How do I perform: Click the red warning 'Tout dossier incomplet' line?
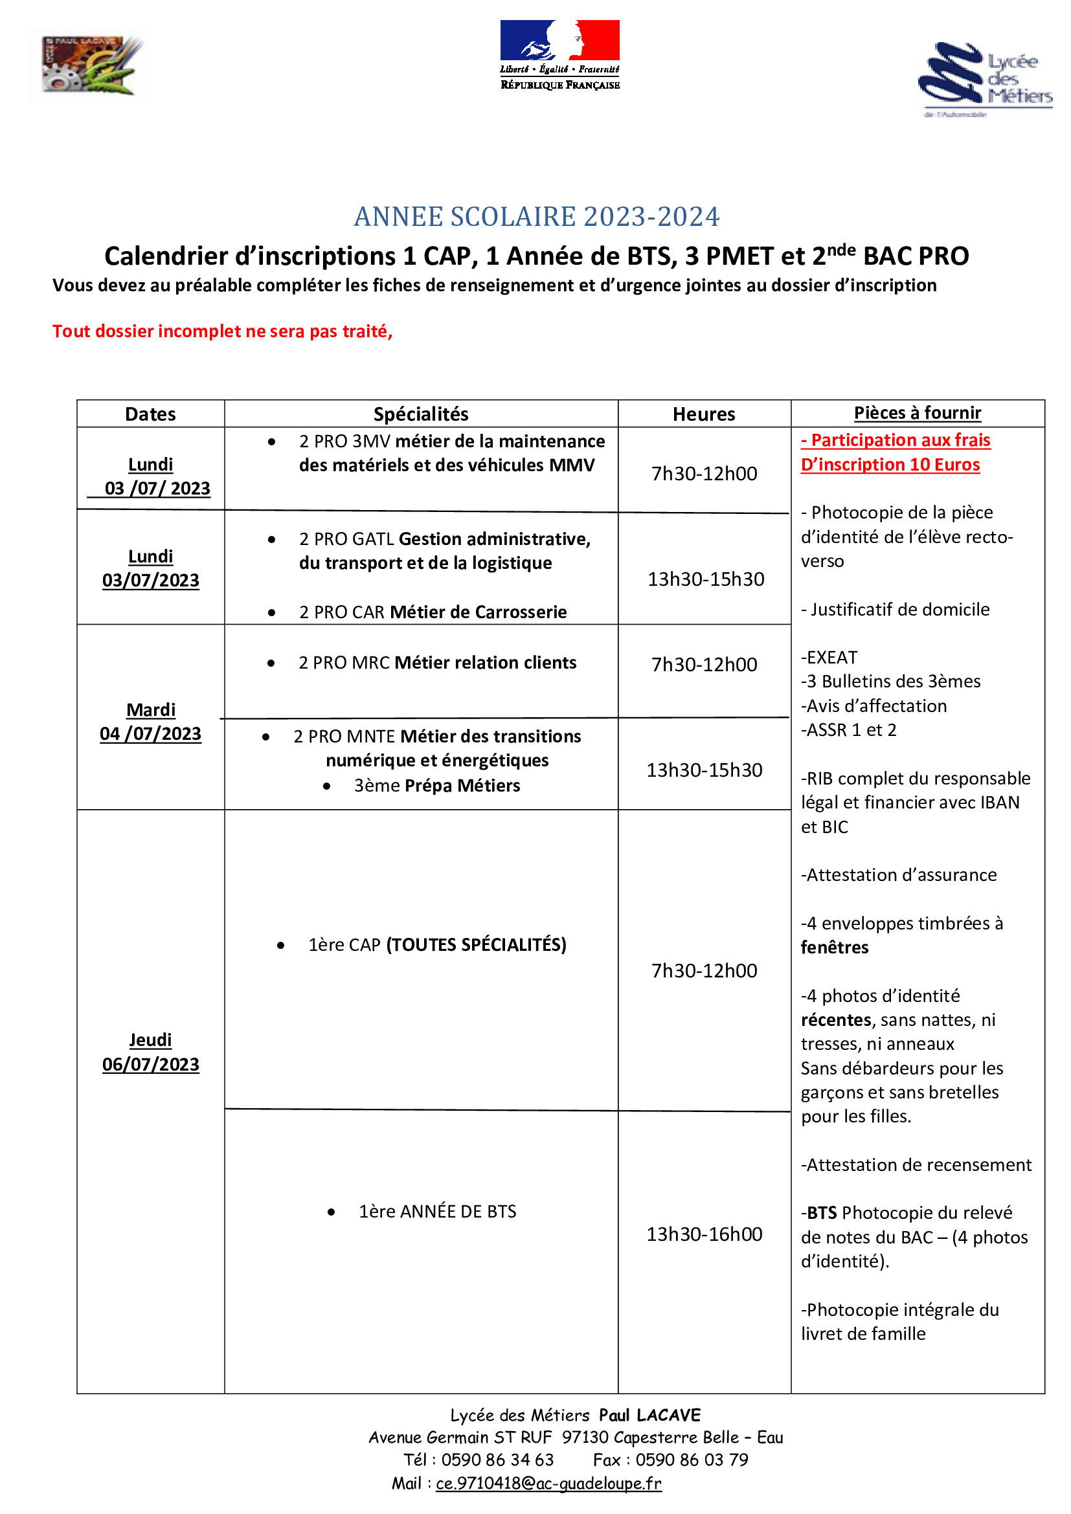click(x=222, y=331)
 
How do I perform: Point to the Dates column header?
click(x=150, y=414)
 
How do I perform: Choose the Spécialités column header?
click(x=421, y=414)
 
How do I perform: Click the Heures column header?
click(x=704, y=414)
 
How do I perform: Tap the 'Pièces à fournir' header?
click(x=917, y=413)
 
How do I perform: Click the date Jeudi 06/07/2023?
click(x=150, y=1052)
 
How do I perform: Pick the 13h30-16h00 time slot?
click(x=704, y=1234)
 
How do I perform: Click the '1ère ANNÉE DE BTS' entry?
click(x=437, y=1211)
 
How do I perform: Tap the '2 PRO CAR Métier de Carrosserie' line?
click(x=433, y=612)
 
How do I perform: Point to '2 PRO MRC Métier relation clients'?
click(x=437, y=663)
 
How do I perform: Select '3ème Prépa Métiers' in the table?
click(x=436, y=786)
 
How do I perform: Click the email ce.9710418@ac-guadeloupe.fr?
click(x=548, y=1483)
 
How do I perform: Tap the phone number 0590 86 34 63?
click(x=497, y=1460)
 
